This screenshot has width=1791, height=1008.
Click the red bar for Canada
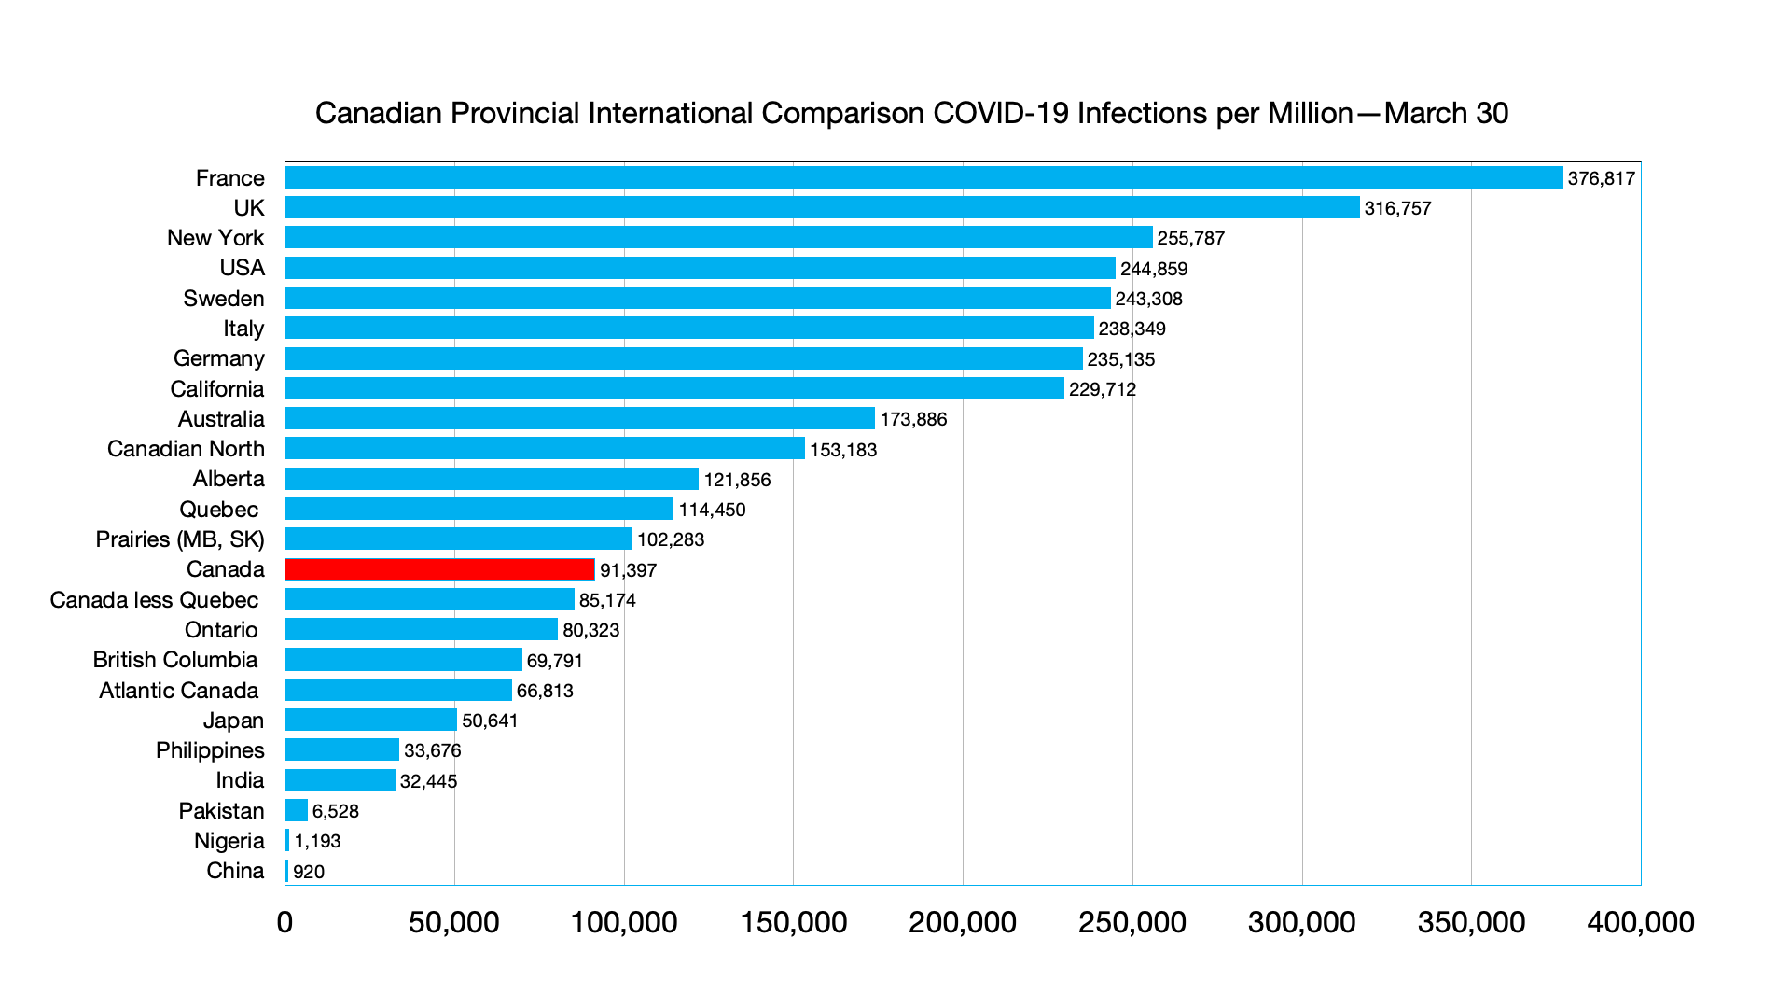439,569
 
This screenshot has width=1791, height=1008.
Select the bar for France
923,177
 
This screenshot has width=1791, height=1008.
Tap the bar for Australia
579,418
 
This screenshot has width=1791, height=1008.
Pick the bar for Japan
370,720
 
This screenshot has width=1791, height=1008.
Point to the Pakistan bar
296,810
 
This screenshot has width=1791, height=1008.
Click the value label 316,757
1397,208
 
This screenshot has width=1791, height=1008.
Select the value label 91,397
628,570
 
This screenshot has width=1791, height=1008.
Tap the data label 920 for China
309,872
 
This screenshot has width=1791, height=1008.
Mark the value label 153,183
843,450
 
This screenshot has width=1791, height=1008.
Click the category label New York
215,238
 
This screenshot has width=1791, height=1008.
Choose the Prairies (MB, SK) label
180,539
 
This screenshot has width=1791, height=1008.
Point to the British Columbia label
175,660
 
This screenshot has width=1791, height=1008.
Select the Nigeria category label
229,841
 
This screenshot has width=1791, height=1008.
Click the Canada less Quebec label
154,600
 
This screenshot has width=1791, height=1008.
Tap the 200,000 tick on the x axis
963,922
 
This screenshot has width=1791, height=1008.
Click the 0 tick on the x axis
285,922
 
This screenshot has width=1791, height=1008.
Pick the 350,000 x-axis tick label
1471,922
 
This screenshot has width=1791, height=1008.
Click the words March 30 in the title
1446,113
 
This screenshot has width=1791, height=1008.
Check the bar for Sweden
698,298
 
